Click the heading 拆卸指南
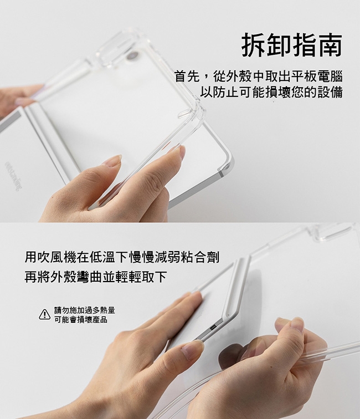tap(292, 45)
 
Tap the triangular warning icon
tap(45, 314)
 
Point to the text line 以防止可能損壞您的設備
tap(271, 92)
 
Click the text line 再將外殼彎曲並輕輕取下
tap(96, 277)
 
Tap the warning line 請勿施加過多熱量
tap(85, 310)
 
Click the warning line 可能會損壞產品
tap(81, 319)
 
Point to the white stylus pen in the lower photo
tap(235, 287)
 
